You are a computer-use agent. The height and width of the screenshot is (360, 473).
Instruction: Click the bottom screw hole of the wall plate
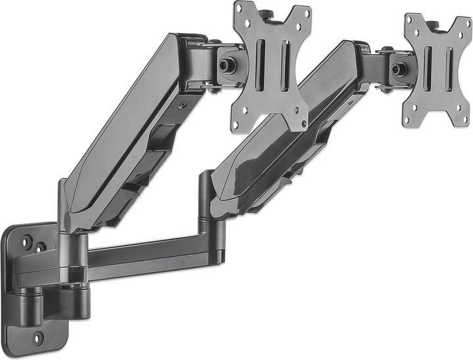(x=38, y=337)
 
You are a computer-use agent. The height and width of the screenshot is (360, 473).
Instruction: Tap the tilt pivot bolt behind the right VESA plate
(x=398, y=69)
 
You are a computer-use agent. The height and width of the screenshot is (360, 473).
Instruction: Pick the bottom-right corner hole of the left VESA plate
(x=302, y=121)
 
